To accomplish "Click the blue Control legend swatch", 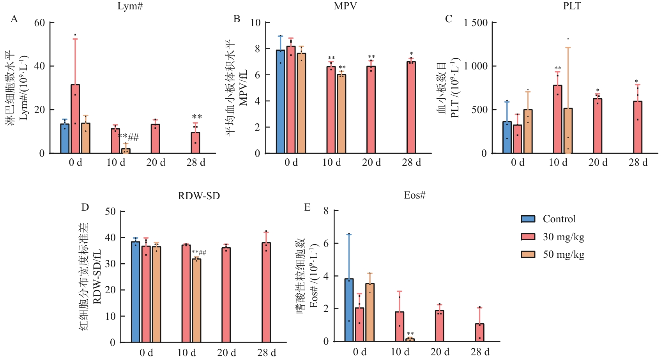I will click(x=528, y=219).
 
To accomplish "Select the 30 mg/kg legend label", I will click(x=563, y=237).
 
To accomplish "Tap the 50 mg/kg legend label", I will click(x=563, y=255).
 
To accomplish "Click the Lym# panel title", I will click(x=130, y=6).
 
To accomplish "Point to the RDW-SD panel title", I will click(x=199, y=196).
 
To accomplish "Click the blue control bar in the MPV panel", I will click(x=280, y=101).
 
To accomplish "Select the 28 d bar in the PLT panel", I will click(x=637, y=127).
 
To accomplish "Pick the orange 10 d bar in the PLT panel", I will click(x=568, y=131).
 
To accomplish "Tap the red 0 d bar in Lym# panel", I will click(x=75, y=119).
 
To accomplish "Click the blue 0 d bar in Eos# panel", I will click(x=349, y=310).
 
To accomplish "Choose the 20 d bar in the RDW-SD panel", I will click(x=226, y=295).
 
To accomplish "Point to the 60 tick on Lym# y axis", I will click(x=39, y=23).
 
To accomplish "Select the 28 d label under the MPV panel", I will click(x=411, y=163).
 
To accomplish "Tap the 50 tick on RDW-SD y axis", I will click(x=110, y=211).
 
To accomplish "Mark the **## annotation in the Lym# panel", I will click(x=128, y=137).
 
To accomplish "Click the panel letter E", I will click(x=307, y=207).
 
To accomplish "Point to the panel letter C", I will click(x=449, y=19).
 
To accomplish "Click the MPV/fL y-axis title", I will click(x=243, y=88).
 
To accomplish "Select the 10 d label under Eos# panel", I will click(x=400, y=352).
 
